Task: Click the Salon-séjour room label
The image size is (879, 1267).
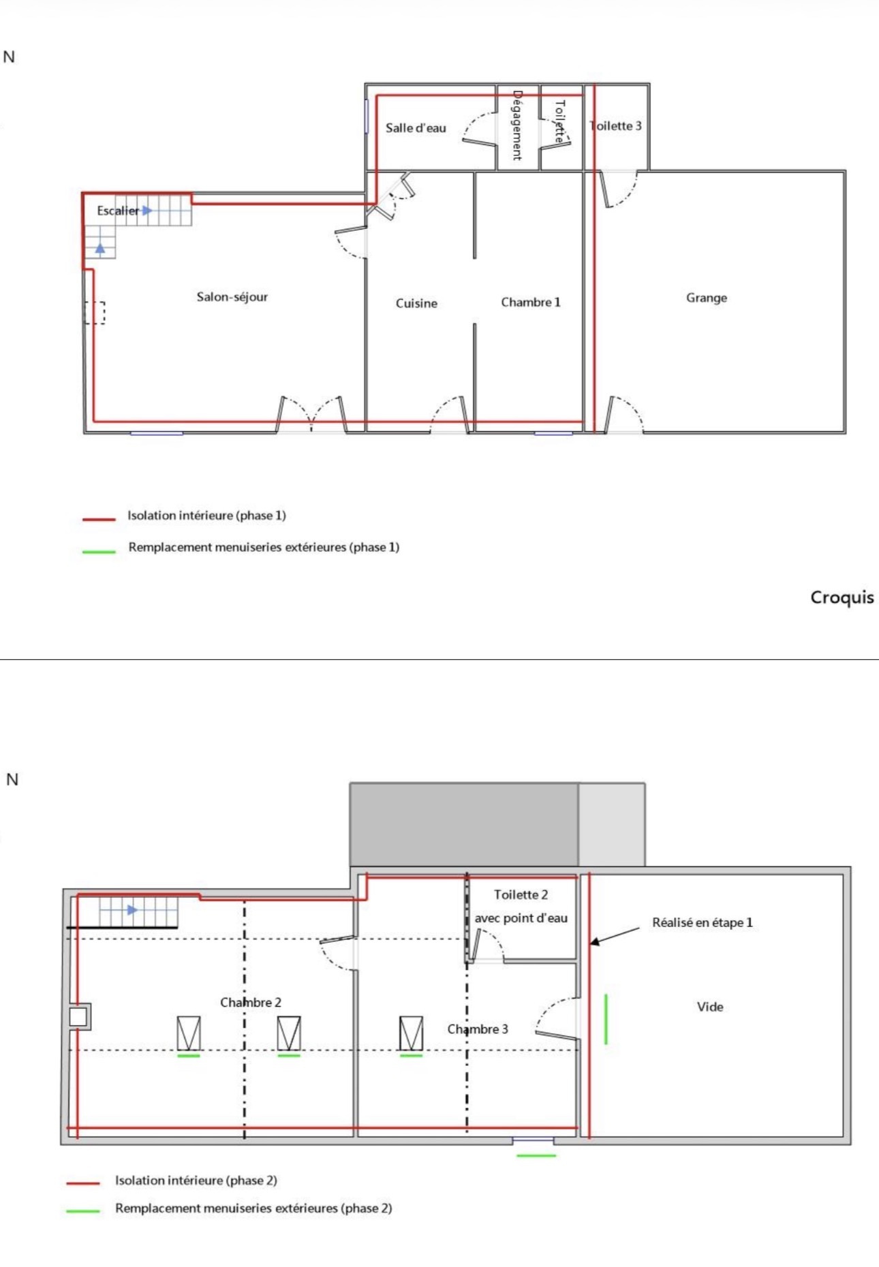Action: (x=232, y=297)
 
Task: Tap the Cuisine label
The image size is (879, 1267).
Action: (x=416, y=303)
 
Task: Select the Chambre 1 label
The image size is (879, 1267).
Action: (x=530, y=302)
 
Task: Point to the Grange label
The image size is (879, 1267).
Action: (x=707, y=298)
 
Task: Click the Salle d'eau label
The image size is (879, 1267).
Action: (x=416, y=127)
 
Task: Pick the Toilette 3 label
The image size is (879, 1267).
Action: (x=616, y=125)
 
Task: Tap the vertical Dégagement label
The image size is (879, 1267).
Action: (x=516, y=125)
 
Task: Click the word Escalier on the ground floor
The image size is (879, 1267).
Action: (x=118, y=210)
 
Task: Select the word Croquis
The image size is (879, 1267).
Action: (x=842, y=597)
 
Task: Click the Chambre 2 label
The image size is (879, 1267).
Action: (x=251, y=1002)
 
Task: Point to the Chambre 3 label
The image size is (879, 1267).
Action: (x=478, y=1029)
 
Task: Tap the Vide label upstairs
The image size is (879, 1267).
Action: (x=710, y=1007)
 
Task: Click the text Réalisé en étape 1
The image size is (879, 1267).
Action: (x=703, y=922)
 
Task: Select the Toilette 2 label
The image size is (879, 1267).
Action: (x=521, y=894)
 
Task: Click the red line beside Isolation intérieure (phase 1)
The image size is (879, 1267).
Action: (x=99, y=519)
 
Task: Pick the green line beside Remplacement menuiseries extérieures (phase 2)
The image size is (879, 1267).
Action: (x=83, y=1210)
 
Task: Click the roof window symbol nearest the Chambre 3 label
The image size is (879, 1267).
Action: (x=411, y=1033)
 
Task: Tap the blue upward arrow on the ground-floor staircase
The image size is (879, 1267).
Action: (x=100, y=248)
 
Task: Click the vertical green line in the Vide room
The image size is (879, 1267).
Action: (x=606, y=1019)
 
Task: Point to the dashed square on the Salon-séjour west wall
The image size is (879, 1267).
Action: (x=95, y=313)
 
